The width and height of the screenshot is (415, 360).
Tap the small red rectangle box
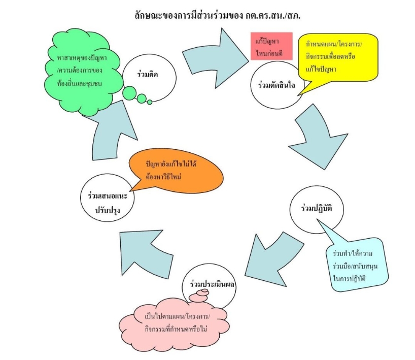pyautogui.click(x=271, y=45)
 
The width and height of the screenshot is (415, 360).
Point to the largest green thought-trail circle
pyautogui.click(x=130, y=93)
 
